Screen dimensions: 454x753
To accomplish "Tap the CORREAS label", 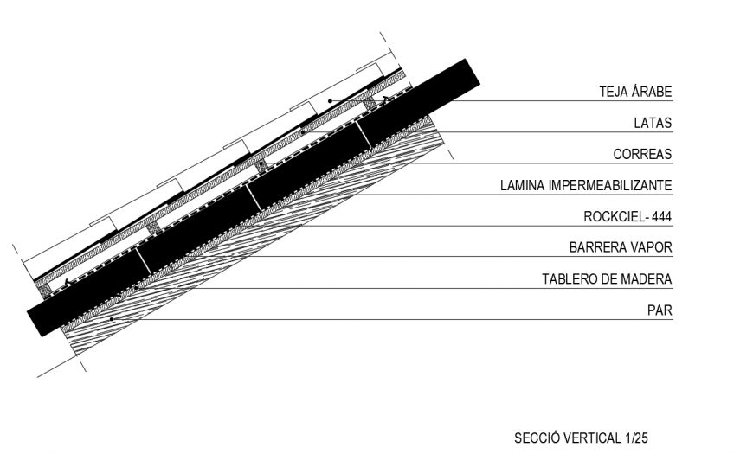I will point(642,155).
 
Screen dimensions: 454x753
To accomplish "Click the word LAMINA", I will point(519,186).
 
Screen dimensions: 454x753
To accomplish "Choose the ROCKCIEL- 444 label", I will point(628,217).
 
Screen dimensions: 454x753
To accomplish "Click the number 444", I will point(660,217).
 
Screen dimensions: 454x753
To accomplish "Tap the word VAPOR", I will point(652,248).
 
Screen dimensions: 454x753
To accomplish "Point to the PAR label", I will point(660,310).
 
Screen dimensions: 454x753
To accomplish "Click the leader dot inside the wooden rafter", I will point(111,319).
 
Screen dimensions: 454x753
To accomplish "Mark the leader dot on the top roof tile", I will point(330,101).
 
